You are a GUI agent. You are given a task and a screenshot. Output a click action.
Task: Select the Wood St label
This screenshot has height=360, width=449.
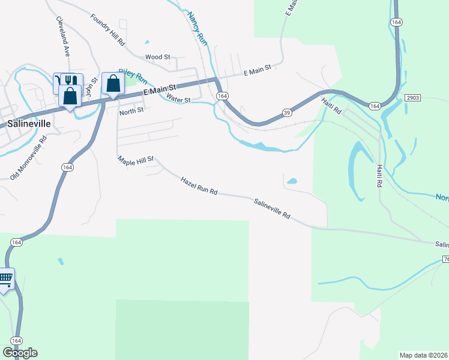(158, 57)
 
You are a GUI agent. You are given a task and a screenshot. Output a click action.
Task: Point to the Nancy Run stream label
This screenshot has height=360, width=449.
(197, 28)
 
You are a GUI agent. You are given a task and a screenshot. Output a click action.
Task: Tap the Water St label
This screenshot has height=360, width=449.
(178, 99)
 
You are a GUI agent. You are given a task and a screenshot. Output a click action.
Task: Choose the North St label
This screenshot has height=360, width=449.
(131, 110)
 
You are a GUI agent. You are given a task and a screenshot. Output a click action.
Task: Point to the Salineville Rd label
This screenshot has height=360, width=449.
(272, 209)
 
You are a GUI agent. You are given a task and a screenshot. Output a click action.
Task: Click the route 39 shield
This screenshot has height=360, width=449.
(287, 113)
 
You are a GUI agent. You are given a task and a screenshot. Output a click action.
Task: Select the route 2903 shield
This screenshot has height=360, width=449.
(412, 97)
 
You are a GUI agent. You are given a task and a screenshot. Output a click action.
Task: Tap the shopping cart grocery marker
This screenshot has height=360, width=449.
(5, 278)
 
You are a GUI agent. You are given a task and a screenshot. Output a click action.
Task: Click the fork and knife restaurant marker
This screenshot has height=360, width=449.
(71, 80)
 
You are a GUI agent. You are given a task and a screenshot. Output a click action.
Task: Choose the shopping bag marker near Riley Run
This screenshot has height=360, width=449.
(113, 84)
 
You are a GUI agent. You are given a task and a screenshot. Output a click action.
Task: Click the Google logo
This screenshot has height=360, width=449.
(20, 353)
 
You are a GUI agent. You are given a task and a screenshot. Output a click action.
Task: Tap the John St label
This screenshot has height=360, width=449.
(89, 89)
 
